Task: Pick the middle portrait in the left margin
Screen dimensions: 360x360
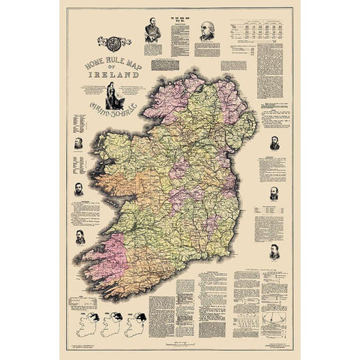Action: [78, 187]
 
